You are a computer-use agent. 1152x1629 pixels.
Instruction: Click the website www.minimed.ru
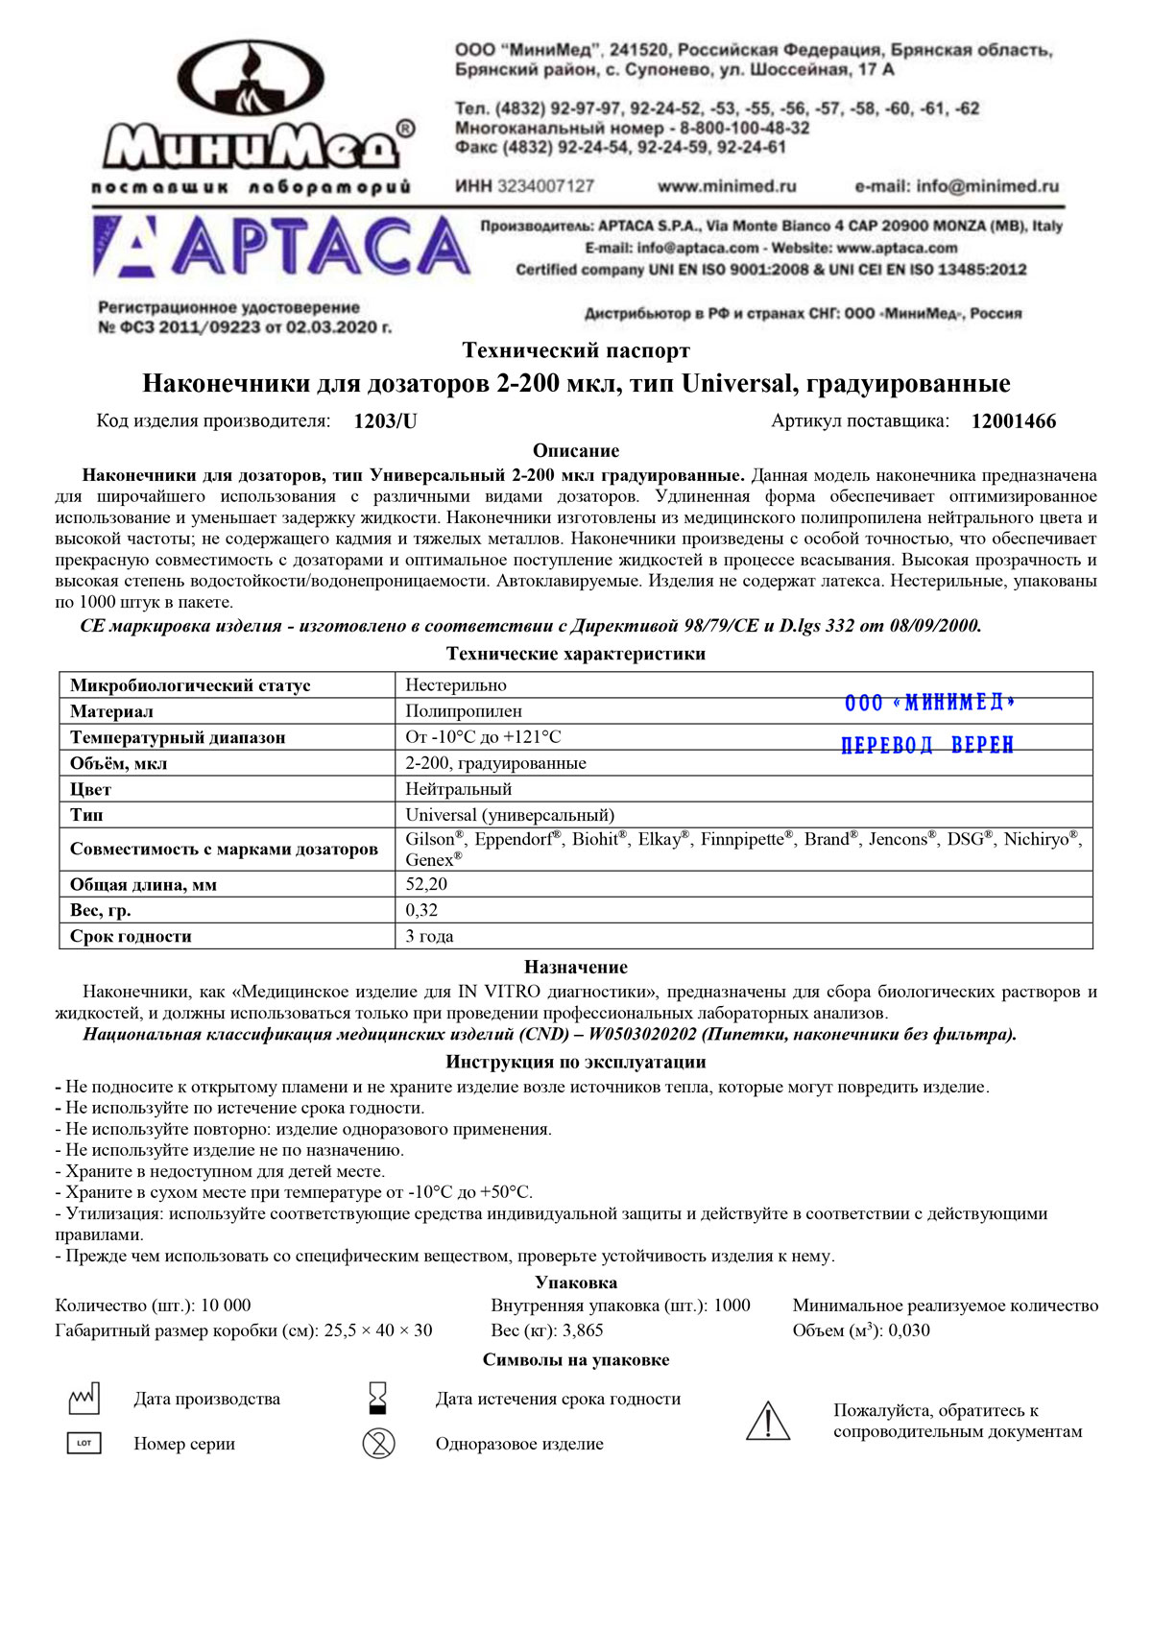click(727, 186)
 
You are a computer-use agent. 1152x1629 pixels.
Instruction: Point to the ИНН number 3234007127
click(545, 186)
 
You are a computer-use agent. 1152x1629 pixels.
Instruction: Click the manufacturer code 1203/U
click(385, 421)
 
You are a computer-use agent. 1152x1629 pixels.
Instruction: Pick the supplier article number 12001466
click(1013, 421)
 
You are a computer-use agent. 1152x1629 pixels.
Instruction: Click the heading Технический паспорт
click(576, 350)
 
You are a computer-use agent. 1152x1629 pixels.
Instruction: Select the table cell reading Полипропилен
click(464, 711)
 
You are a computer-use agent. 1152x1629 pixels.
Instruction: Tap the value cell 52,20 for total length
click(426, 884)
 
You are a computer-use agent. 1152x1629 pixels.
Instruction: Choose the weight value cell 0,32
click(421, 910)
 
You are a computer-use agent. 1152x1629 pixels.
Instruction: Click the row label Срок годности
click(131, 936)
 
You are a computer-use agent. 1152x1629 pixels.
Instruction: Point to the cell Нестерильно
click(456, 685)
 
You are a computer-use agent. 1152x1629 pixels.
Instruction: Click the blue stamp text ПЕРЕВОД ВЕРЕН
click(927, 746)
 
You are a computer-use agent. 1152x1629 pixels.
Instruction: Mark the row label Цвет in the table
click(90, 789)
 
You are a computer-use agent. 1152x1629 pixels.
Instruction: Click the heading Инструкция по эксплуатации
click(576, 1062)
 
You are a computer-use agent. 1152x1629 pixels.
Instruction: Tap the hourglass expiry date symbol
click(378, 1399)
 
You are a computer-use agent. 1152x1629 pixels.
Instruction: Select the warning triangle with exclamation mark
click(768, 1422)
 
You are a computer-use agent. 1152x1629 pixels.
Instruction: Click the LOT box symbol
click(84, 1443)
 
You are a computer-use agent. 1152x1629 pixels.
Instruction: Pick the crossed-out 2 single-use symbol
click(378, 1443)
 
